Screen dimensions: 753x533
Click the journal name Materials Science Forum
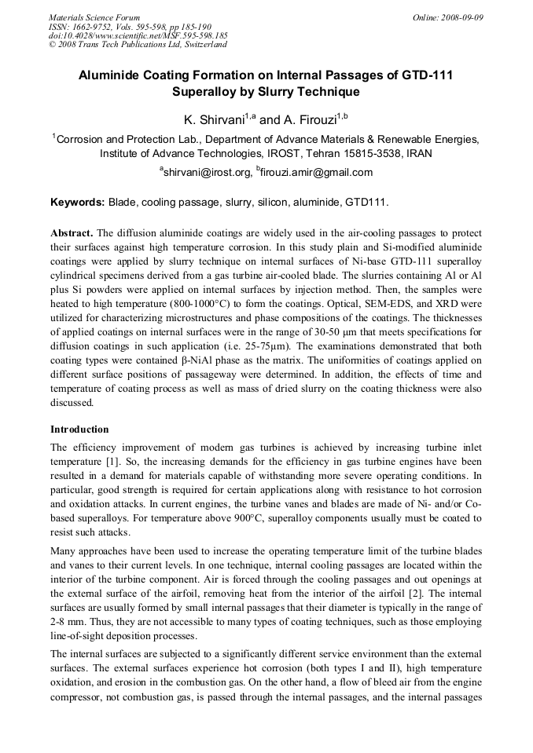click(94, 16)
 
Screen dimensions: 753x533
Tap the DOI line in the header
click(138, 35)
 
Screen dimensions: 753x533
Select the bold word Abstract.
click(72, 234)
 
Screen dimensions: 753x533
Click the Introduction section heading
click(79, 430)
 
